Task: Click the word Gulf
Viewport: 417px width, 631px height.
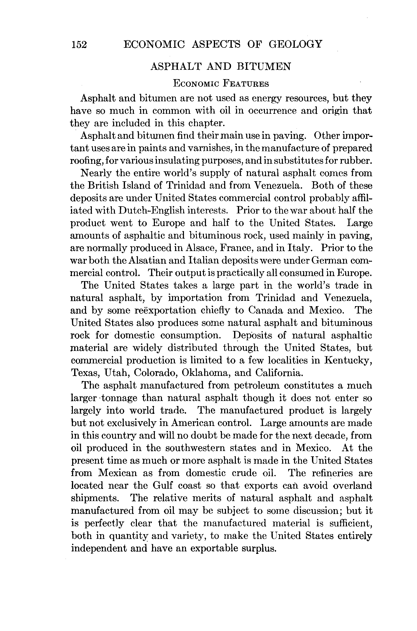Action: click(x=162, y=486)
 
